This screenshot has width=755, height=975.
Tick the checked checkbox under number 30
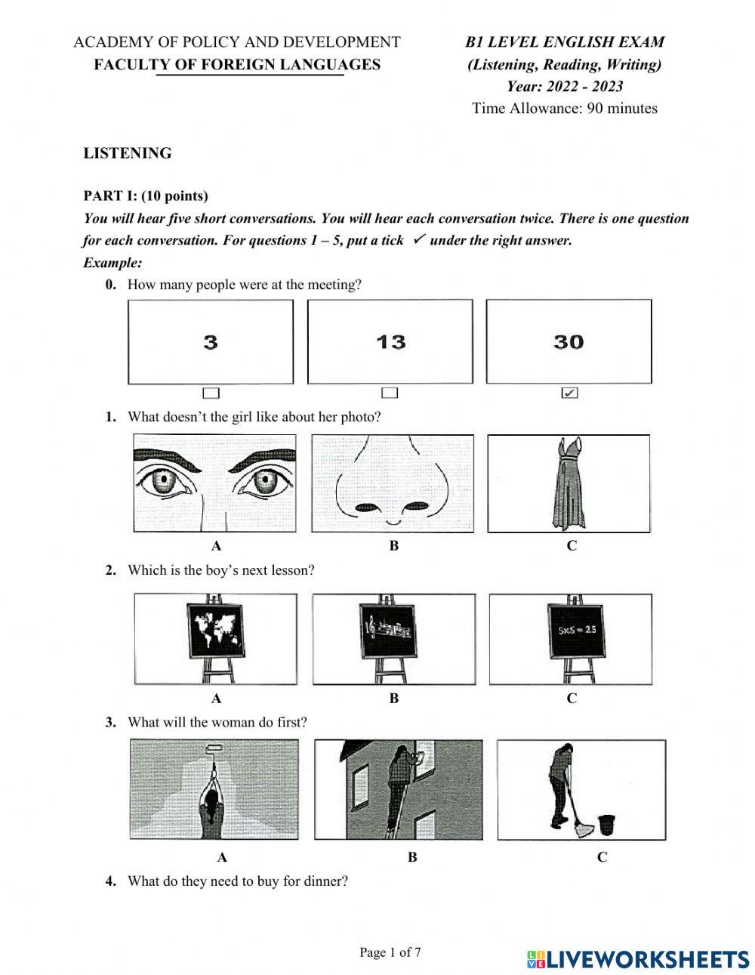tap(570, 393)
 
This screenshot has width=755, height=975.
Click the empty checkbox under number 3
tap(211, 393)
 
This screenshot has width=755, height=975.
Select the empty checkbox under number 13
tap(390, 393)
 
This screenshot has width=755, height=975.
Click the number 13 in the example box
tap(390, 342)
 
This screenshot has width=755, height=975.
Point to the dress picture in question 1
tap(569, 483)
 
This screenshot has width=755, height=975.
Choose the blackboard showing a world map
tap(216, 630)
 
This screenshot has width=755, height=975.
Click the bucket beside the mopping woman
tap(606, 825)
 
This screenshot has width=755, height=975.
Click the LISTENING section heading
tap(128, 153)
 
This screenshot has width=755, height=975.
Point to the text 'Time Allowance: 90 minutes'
tap(565, 108)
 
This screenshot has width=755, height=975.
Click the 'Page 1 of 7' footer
tap(390, 952)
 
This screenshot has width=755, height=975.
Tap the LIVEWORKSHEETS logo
tap(638, 959)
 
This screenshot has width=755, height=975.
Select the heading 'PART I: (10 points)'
tap(146, 196)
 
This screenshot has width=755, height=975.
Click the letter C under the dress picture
tap(572, 545)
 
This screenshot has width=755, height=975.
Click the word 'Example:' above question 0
tap(112, 263)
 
